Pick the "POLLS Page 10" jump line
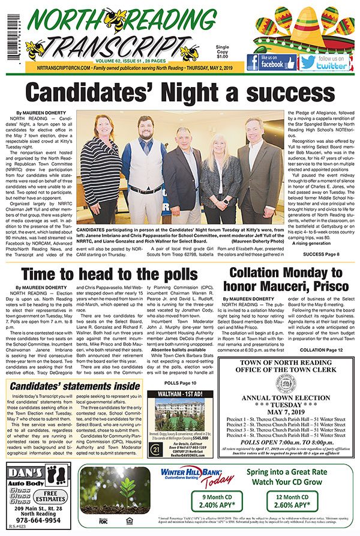(179, 382)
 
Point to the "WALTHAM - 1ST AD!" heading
(179, 394)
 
